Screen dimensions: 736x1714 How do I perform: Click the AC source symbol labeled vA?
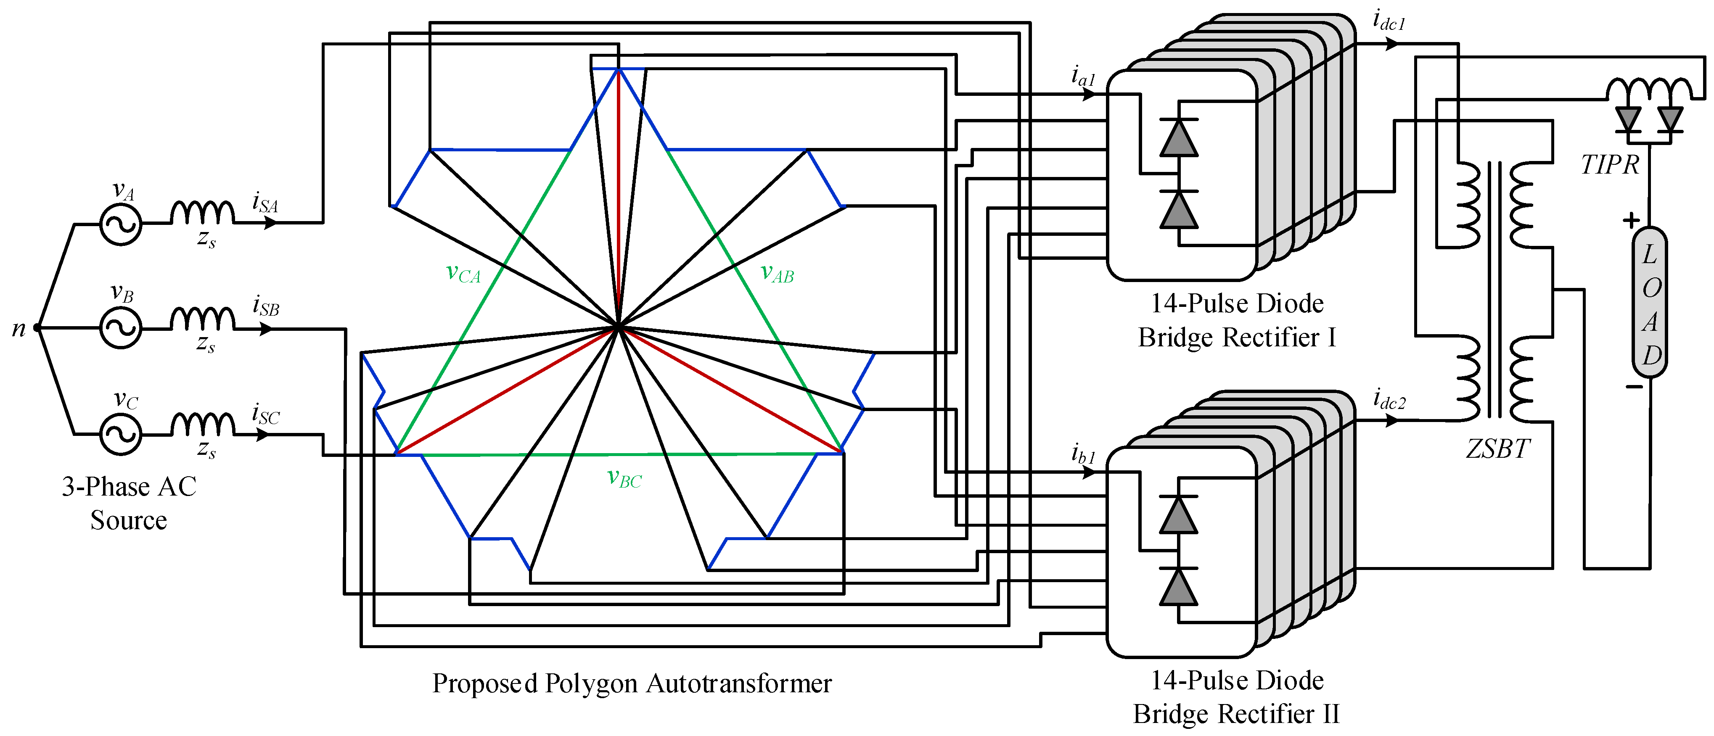coord(120,224)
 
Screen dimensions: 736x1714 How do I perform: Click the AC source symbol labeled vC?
coord(120,435)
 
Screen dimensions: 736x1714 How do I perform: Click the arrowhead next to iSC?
coord(264,435)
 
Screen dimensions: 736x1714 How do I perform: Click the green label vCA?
coord(463,273)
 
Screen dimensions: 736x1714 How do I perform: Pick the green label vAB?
coord(777,273)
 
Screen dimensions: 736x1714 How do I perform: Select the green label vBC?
coord(624,478)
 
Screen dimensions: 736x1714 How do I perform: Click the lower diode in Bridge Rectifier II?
coord(1178,586)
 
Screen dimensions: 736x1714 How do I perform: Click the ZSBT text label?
coord(1498,449)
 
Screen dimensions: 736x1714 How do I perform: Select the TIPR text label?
coord(1610,165)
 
